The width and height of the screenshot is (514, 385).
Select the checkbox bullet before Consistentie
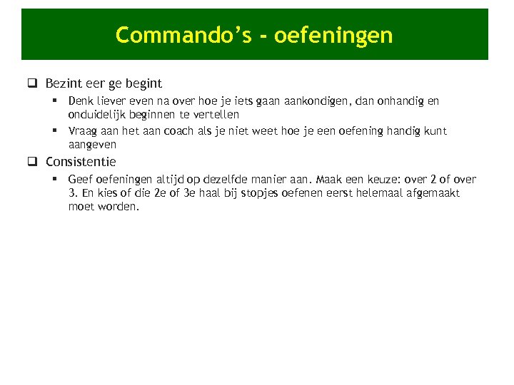(32, 162)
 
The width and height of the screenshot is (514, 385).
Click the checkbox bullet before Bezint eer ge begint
(32, 83)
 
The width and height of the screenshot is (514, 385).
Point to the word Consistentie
(81, 162)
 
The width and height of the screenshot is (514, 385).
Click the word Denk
(80, 101)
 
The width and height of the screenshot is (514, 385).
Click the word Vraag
(82, 131)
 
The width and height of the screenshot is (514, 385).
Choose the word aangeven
(92, 144)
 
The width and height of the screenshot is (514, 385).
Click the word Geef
(79, 180)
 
